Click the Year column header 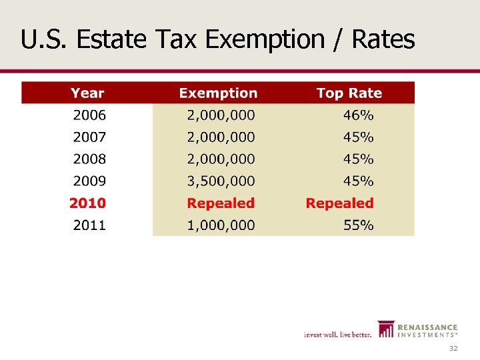point(87,93)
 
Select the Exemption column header point(218,93)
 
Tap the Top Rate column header point(349,93)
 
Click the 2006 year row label point(89,115)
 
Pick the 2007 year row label point(89,137)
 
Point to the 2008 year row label point(89,159)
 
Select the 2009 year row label point(89,181)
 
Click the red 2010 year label point(88,203)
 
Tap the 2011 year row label point(89,225)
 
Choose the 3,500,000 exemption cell point(221,181)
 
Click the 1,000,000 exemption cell point(221,225)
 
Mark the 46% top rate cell point(358,115)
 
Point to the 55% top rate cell point(358,225)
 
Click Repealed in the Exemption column point(221,203)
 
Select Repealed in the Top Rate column point(339,203)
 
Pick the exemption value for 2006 point(221,115)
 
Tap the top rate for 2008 point(358,159)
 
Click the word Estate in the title point(111,40)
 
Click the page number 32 point(453,349)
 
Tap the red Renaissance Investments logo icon point(385,329)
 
